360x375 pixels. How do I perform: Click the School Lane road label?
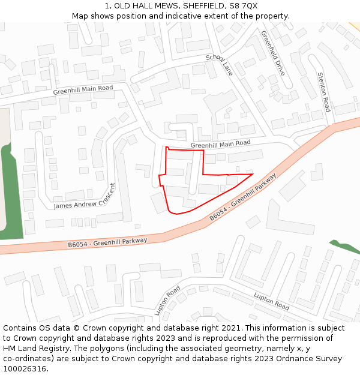(x=219, y=65)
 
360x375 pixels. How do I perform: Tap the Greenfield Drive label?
(x=273, y=53)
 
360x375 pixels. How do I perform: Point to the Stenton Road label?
(x=323, y=92)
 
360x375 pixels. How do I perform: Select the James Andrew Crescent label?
(x=85, y=197)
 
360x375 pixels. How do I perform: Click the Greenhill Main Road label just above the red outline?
(x=220, y=144)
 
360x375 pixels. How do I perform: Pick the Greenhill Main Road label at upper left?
(x=83, y=90)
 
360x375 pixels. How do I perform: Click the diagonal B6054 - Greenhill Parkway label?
(x=242, y=197)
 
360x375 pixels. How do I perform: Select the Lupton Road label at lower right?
(x=272, y=301)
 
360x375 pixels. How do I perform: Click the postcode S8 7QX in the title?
(x=243, y=5)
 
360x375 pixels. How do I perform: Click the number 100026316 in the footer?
(x=25, y=369)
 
